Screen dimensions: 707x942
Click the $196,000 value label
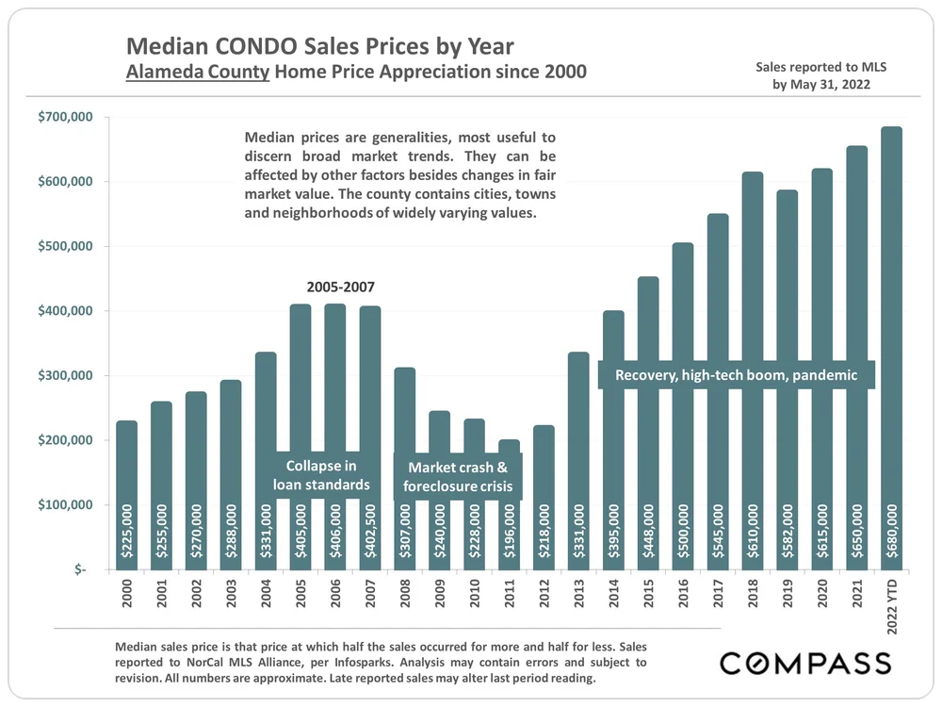(510, 532)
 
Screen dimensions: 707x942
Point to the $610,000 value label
(754, 532)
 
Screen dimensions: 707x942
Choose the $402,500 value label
(370, 532)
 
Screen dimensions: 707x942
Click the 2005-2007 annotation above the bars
(335, 287)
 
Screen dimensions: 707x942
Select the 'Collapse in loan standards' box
(321, 475)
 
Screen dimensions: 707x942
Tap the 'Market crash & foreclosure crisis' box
(458, 477)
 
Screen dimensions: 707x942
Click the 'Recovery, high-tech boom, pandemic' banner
(737, 375)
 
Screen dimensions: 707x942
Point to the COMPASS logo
(805, 663)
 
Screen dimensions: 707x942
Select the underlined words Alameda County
(197, 72)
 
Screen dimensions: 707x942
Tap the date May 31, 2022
(830, 84)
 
